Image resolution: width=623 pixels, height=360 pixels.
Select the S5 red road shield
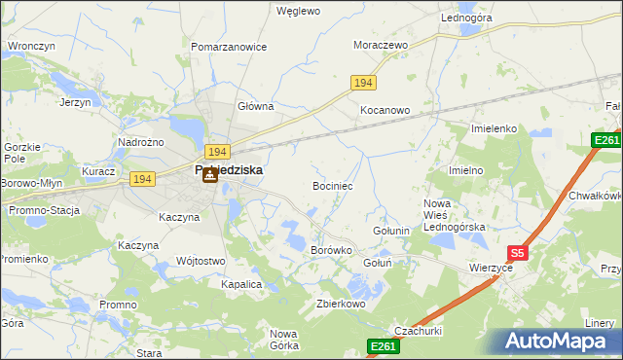[x=517, y=253]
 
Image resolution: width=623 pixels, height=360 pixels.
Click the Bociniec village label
[x=332, y=185]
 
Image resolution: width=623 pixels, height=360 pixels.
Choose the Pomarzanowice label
[x=229, y=47]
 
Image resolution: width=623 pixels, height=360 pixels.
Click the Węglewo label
[x=299, y=12]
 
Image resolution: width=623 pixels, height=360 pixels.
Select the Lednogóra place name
[x=467, y=18]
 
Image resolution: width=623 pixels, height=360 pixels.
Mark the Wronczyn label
[x=30, y=46]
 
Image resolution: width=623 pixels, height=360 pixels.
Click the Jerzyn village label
[x=75, y=102]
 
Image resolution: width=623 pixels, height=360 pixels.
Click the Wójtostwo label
[x=202, y=261]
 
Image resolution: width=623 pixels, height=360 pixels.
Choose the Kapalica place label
[x=241, y=284]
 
